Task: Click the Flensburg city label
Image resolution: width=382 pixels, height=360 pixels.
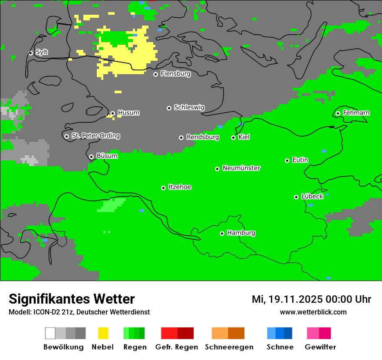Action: (x=175, y=74)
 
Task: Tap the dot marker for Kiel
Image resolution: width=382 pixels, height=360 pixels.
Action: (x=233, y=137)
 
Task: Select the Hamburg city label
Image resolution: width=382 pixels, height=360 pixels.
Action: (x=241, y=233)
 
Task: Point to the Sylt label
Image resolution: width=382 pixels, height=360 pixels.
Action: (x=42, y=52)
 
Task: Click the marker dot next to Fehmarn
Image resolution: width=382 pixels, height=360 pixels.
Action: (x=338, y=113)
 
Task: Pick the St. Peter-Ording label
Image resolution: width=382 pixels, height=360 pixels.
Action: (x=95, y=136)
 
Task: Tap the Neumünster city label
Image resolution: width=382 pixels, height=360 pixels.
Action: (x=241, y=168)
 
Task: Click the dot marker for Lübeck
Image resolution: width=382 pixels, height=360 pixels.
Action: (x=296, y=197)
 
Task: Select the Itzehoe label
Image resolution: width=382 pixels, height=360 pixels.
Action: (x=180, y=187)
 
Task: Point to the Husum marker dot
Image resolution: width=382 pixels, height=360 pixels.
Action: (x=112, y=113)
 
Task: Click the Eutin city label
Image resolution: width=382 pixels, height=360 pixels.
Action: (x=300, y=160)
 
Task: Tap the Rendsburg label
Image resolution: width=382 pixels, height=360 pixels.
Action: (x=203, y=137)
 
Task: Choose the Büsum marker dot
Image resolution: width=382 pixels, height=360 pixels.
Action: (x=91, y=157)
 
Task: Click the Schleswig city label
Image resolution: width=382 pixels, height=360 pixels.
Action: (x=189, y=107)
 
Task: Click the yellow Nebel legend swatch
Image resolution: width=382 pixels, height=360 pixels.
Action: (x=103, y=333)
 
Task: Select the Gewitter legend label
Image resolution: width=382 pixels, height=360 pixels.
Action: (x=320, y=347)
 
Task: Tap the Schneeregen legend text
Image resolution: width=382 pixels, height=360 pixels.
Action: (x=229, y=347)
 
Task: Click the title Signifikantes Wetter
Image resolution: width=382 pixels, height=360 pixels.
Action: (x=72, y=299)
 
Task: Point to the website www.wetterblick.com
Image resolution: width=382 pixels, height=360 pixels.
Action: (x=313, y=312)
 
